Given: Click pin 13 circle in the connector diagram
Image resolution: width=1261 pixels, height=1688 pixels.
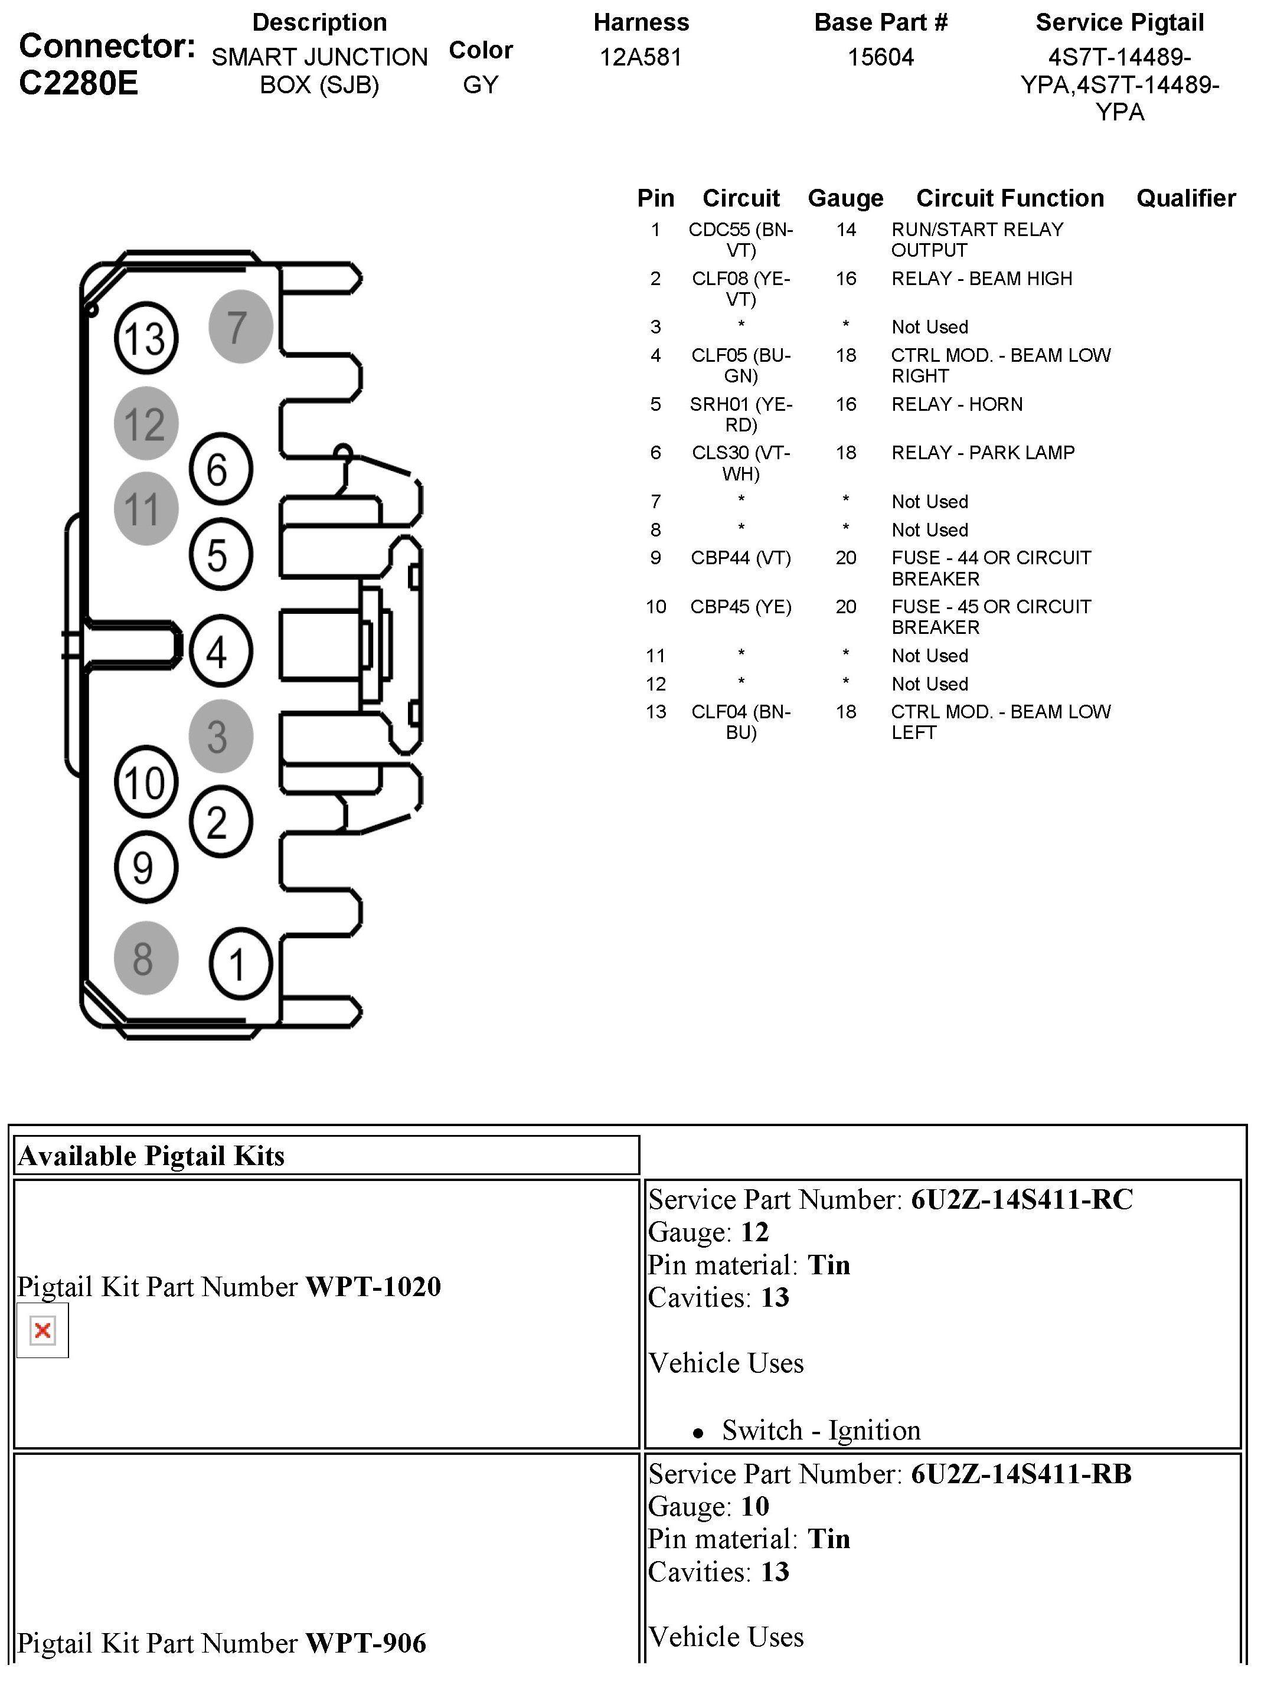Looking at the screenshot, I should pos(145,338).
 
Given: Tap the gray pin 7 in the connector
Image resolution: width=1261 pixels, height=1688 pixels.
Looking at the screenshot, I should pos(240,326).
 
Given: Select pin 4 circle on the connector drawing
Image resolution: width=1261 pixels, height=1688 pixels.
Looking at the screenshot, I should pos(220,652).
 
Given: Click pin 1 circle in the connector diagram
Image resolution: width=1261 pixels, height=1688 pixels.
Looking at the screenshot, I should pos(240,964).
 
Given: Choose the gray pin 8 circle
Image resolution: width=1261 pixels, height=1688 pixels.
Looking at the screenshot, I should pos(146,959).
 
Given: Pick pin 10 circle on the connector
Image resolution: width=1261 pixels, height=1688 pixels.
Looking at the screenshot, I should pos(145,782).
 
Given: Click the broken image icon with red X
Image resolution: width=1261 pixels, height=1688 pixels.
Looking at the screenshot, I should pos(43,1330).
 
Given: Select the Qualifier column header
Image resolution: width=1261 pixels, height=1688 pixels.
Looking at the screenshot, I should pos(1185,198).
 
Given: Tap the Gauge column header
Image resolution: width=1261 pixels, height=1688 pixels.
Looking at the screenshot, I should pos(845,198).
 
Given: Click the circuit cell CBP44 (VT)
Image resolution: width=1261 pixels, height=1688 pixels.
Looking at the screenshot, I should pos(740,558).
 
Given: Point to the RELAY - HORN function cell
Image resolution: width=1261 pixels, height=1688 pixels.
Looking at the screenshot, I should pos(956,404).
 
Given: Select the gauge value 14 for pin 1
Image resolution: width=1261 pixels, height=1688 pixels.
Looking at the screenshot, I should pos(845,230).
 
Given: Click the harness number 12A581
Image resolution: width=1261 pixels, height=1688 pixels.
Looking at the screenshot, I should pos(641,57).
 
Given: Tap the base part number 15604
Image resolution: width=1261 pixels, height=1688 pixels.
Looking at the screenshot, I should pos(880,57).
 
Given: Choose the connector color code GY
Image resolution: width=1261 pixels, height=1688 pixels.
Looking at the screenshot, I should pos(480,85).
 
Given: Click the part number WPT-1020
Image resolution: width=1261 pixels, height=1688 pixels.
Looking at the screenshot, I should pos(373,1287).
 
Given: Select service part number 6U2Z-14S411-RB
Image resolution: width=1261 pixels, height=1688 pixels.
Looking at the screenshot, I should pos(1021,1474).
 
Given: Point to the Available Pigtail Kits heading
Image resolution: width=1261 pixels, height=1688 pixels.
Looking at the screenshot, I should pos(151,1156).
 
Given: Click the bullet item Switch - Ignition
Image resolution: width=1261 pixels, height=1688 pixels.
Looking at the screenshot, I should pos(821,1430).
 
